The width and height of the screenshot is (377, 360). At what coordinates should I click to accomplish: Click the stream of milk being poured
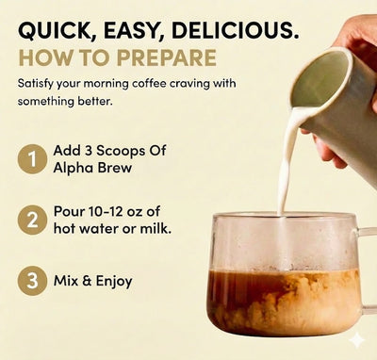pos(284,160)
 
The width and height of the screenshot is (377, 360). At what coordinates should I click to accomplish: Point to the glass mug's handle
pos(368,269)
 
